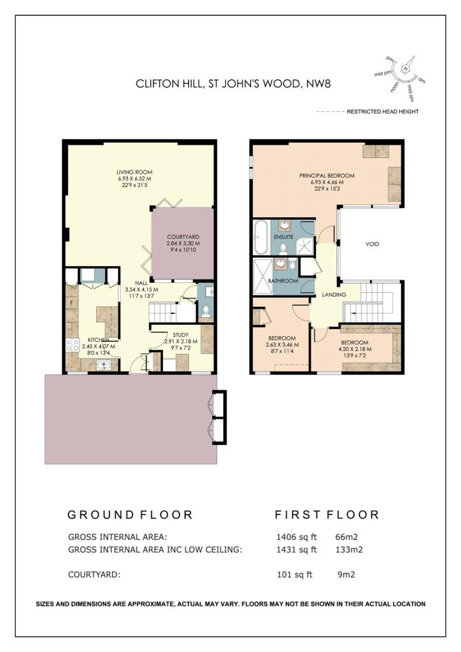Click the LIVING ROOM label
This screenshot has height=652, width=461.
[134, 172]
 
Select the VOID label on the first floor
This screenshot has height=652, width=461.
[372, 244]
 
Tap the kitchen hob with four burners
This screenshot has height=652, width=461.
[72, 346]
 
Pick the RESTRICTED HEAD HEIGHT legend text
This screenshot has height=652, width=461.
[382, 111]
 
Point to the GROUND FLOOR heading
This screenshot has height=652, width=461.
[130, 514]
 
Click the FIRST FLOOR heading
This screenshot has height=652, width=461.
[327, 514]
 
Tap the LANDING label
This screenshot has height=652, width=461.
[334, 295]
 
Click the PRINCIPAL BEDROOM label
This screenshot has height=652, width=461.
[327, 175]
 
